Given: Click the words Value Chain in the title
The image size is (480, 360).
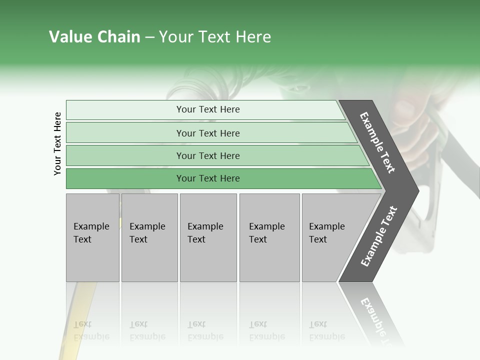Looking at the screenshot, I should [94, 37].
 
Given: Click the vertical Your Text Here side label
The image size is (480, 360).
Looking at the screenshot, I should [57, 143].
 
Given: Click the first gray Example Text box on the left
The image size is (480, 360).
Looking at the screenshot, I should [92, 237].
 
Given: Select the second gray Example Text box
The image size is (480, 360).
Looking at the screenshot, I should [149, 237].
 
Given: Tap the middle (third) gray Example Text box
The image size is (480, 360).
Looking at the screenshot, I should [208, 237].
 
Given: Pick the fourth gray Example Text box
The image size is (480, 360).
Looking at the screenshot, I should [269, 237].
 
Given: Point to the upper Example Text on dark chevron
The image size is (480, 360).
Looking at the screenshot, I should [377, 142].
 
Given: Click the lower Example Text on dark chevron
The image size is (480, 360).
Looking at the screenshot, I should [379, 236].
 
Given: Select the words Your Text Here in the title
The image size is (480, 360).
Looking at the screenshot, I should [215, 37].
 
